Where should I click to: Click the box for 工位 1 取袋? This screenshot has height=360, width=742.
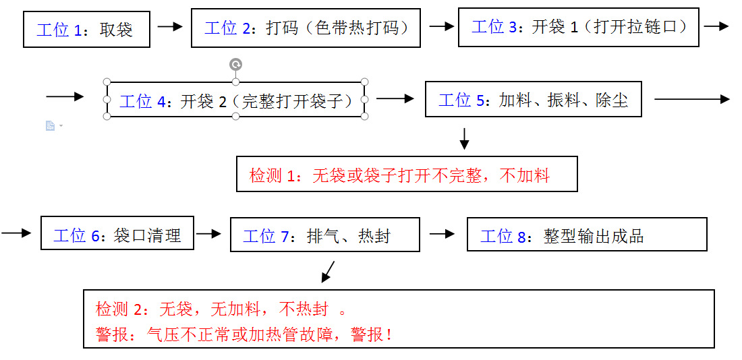pyautogui.click(x=86, y=30)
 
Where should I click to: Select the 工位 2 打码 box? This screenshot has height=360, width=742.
pyautogui.click(x=306, y=28)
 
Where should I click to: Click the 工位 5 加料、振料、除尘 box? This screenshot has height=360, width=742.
pyautogui.click(x=533, y=100)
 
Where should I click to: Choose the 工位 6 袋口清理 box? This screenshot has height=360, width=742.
pyautogui.click(x=117, y=233)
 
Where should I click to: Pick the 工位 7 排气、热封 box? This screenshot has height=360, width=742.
pyautogui.click(x=324, y=235)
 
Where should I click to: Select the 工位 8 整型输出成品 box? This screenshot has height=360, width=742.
pyautogui.click(x=586, y=235)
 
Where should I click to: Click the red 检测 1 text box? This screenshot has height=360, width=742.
pyautogui.click(x=407, y=175)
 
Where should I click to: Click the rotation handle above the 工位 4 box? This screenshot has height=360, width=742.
pyautogui.click(x=235, y=65)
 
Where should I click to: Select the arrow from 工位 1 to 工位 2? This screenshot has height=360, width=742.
pyautogui.click(x=170, y=27)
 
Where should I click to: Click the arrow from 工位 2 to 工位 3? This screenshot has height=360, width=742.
pyautogui.click(x=442, y=26)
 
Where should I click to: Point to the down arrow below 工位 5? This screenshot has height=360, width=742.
pyautogui.click(x=464, y=138)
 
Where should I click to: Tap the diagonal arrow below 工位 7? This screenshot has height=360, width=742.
pyautogui.click(x=328, y=271)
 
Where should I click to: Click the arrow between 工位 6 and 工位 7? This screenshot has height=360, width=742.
pyautogui.click(x=208, y=234)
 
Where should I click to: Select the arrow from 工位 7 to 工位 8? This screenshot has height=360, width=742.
pyautogui.click(x=442, y=234)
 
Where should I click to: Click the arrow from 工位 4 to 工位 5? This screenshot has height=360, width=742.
pyautogui.click(x=395, y=99)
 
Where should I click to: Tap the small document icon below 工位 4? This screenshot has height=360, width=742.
pyautogui.click(x=51, y=126)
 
